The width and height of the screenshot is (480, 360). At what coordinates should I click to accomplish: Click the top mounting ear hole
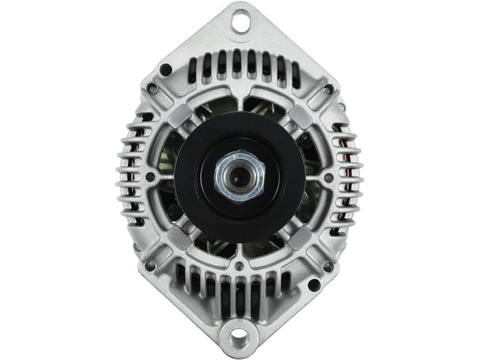[x=240, y=21]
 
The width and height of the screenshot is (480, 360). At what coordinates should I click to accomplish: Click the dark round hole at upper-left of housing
[x=166, y=70]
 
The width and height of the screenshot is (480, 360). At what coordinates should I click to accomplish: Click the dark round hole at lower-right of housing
[x=314, y=285]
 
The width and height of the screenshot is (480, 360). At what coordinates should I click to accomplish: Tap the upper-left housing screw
[x=152, y=88]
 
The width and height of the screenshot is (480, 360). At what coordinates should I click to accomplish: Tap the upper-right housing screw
[x=328, y=88]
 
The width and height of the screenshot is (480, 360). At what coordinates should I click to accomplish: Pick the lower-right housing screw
[x=328, y=266]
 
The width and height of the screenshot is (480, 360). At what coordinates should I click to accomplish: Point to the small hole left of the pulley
[x=150, y=177]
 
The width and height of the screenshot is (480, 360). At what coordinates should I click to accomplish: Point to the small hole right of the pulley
[x=329, y=178]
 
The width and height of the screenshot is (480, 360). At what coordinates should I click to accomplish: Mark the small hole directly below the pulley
[x=240, y=266]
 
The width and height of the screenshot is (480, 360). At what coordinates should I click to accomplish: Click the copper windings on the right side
[x=344, y=178]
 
